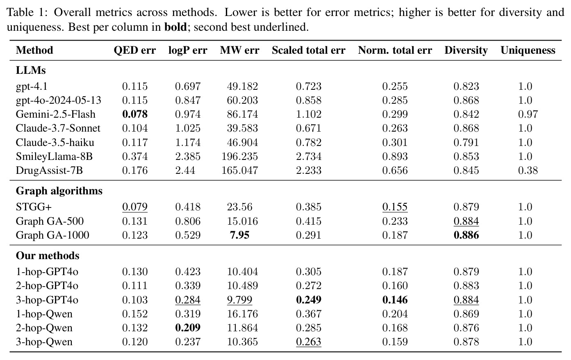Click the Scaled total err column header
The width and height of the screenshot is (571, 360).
(x=308, y=50)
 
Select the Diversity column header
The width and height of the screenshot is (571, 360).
(x=466, y=50)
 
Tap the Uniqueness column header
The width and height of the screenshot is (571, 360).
(x=528, y=50)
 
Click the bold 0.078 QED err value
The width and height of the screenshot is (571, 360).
(x=135, y=114)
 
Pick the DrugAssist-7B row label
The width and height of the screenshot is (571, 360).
(x=49, y=170)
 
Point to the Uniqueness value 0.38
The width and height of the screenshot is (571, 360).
(x=528, y=170)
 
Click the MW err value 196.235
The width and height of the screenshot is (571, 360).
(x=240, y=156)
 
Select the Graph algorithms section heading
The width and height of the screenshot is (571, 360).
(x=59, y=191)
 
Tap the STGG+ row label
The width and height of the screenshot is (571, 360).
(x=34, y=207)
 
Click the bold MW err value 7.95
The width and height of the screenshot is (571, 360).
(x=240, y=235)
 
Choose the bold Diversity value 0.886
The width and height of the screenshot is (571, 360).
(x=466, y=235)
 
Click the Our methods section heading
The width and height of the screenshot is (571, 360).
(x=48, y=255)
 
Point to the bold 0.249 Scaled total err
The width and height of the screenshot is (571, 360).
(x=309, y=300)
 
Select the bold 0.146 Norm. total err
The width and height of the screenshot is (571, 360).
(x=395, y=300)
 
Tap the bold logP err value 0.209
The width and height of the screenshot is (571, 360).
(x=188, y=328)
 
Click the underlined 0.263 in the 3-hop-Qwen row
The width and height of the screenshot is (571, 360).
(x=309, y=342)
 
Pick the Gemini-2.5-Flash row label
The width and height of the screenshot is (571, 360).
(x=56, y=114)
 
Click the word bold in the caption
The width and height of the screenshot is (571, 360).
(x=175, y=27)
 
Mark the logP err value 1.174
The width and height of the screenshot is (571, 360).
(x=188, y=142)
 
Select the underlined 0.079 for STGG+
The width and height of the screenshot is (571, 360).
(x=135, y=207)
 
